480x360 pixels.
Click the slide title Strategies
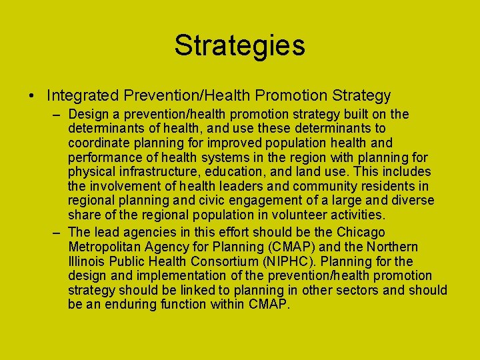click(239, 45)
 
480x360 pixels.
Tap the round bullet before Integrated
click(32, 97)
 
